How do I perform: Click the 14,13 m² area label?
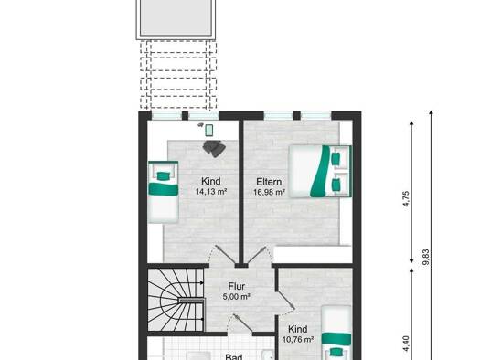click(x=211, y=192)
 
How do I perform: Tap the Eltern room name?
click(x=269, y=182)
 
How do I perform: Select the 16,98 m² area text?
click(x=269, y=192)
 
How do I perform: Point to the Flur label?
click(x=237, y=286)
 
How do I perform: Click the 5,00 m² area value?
click(x=237, y=296)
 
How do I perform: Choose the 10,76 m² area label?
click(x=298, y=340)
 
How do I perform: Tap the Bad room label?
click(x=234, y=357)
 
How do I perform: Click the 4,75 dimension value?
click(x=406, y=199)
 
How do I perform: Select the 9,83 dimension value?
click(x=425, y=258)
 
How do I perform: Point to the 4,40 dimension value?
click(x=406, y=344)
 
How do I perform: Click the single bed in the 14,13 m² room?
click(x=163, y=192)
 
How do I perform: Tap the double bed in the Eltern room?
click(x=320, y=171)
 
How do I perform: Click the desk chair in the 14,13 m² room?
click(x=214, y=148)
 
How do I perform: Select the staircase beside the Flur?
click(x=176, y=300)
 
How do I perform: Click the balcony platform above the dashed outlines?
click(x=176, y=19)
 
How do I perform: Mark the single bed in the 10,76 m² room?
click(x=336, y=333)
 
